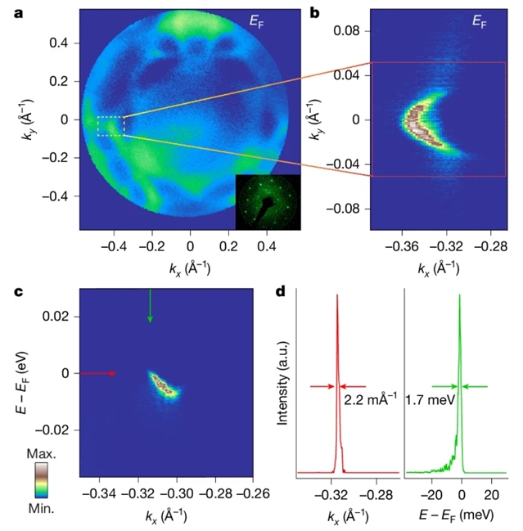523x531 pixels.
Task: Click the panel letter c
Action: coord(8,289)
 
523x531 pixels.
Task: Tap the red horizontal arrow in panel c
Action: coord(97,373)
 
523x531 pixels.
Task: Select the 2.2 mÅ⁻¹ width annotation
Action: coord(369,402)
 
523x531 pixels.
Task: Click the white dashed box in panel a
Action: coord(110,126)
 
